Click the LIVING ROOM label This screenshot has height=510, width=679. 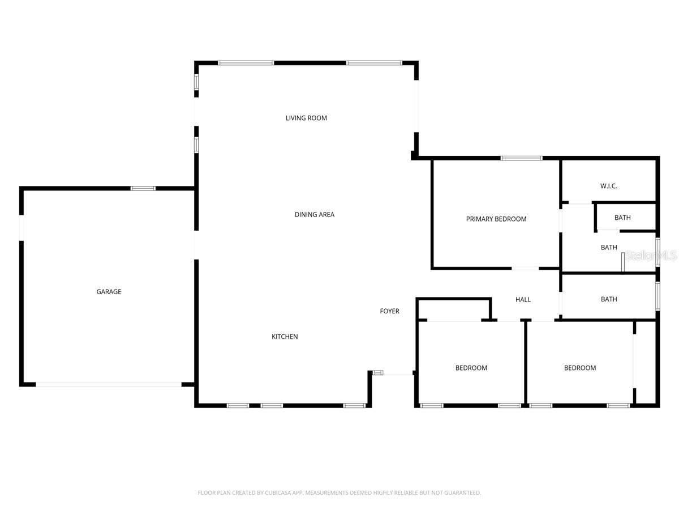306,118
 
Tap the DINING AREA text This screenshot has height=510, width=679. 314,214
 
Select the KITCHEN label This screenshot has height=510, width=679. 285,337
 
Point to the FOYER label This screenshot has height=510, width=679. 389,311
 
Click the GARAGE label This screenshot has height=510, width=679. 109,292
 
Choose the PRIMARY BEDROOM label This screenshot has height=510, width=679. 496,219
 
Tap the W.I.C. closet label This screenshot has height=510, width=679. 608,186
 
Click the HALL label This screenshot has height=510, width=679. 523,299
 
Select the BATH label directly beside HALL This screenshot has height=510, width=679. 609,299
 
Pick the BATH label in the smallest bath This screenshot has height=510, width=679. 622,218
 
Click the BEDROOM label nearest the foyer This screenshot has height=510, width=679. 471,368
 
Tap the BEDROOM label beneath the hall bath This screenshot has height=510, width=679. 579,368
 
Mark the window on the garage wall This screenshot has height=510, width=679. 143,188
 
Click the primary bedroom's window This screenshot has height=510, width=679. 521,158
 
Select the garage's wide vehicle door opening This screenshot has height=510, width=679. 109,384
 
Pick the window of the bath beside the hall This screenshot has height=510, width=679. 657,296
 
